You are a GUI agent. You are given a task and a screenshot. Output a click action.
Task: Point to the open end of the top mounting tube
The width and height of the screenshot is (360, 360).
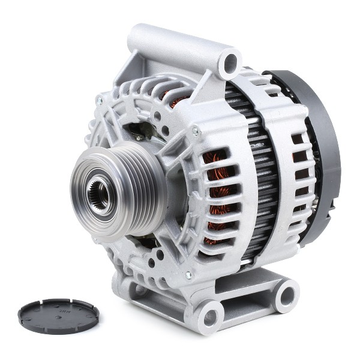(230, 62)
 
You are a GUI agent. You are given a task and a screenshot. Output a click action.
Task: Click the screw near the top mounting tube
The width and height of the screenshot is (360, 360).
(195, 131)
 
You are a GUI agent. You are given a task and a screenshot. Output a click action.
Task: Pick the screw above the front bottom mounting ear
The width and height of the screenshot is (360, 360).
(188, 275)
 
